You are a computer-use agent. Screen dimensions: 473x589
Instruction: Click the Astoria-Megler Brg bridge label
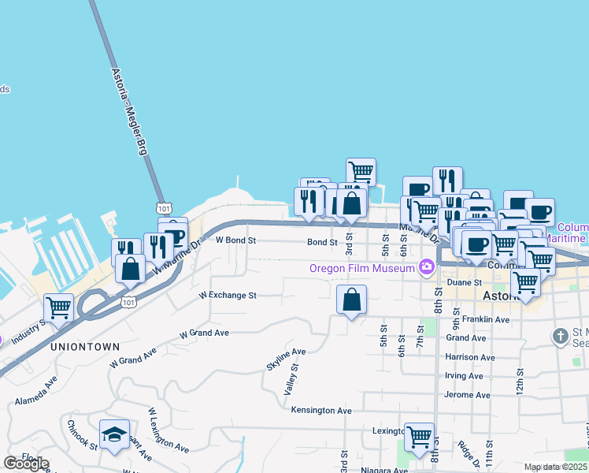pyautogui.click(x=127, y=111)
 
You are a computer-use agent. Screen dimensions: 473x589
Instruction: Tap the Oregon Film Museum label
pyautogui.click(x=362, y=268)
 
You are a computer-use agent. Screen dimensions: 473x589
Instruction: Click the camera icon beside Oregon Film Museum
pyautogui.click(x=427, y=266)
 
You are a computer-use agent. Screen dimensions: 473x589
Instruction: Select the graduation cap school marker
pyautogui.click(x=114, y=434)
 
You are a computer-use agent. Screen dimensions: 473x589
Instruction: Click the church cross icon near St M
pyautogui.click(x=560, y=336)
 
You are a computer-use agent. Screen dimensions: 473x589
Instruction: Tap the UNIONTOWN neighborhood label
pyautogui.click(x=85, y=346)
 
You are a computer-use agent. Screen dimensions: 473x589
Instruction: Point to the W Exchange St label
pyautogui.click(x=228, y=296)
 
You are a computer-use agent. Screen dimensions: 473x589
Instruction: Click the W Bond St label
pyautogui.click(x=236, y=240)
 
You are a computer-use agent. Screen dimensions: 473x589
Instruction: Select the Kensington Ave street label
pyautogui.click(x=321, y=411)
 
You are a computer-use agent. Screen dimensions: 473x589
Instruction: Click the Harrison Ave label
pyautogui.click(x=470, y=357)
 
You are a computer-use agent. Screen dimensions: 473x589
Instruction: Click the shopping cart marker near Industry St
pyautogui.click(x=59, y=307)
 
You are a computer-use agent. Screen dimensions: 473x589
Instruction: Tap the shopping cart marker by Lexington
pyautogui.click(x=419, y=435)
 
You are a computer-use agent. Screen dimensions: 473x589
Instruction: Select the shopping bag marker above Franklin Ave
pyautogui.click(x=351, y=300)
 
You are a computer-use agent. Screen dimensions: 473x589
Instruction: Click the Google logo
pyautogui.click(x=27, y=464)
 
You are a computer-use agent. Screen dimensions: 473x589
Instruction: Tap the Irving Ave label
pyautogui.click(x=464, y=376)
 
